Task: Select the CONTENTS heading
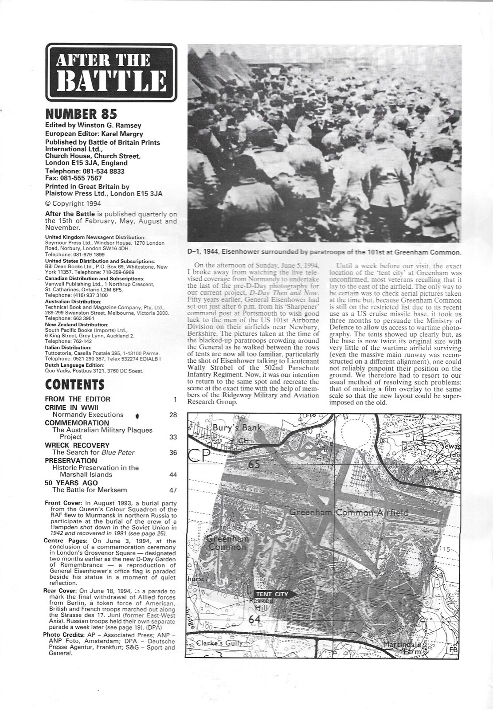pyautogui.click(x=75, y=384)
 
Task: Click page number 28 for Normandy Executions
pyautogui.click(x=173, y=415)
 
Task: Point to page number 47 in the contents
pyautogui.click(x=173, y=490)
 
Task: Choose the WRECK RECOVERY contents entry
pyautogui.click(x=77, y=445)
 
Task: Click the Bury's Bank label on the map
pyautogui.click(x=237, y=428)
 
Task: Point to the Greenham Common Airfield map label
pyautogui.click(x=348, y=513)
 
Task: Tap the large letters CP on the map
pyautogui.click(x=200, y=456)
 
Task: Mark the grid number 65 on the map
pyautogui.click(x=254, y=465)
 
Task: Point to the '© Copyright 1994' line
pyautogui.click(x=73, y=204)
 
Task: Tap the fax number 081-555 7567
pyautogui.click(x=73, y=178)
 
